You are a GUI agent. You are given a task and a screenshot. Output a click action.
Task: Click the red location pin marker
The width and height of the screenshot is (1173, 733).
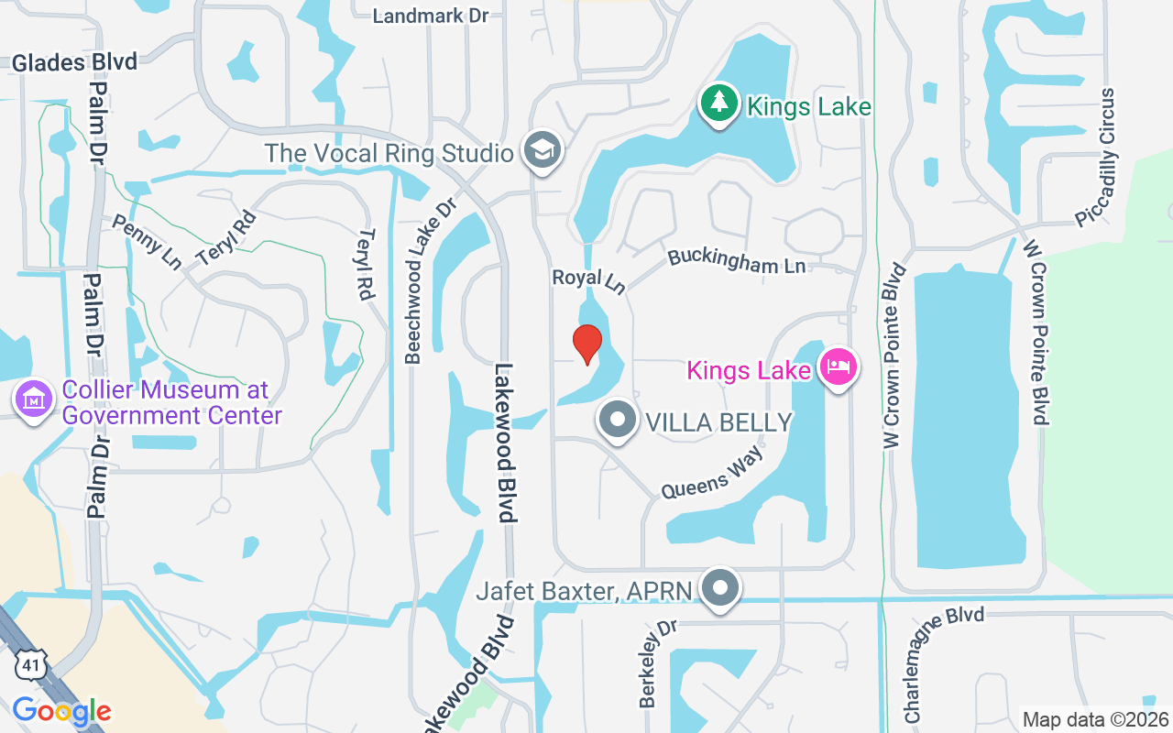tap(586, 344)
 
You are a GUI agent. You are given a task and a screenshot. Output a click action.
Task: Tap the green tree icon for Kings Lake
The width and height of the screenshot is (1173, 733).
tap(720, 104)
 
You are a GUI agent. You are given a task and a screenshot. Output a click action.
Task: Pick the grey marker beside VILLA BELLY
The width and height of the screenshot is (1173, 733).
tap(618, 421)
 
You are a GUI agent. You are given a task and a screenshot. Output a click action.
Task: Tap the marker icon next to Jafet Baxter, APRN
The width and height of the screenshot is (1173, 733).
tap(720, 587)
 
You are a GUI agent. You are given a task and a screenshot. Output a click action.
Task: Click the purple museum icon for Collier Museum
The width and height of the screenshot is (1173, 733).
tap(34, 399)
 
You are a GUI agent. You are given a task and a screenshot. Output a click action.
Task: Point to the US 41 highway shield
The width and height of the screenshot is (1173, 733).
tap(27, 665)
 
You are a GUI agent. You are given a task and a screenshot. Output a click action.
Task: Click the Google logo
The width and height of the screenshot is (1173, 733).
tap(61, 711)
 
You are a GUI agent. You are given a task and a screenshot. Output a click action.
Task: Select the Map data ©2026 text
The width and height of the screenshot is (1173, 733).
tap(1094, 719)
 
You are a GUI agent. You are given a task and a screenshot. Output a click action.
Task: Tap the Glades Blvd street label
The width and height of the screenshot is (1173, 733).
tap(74, 62)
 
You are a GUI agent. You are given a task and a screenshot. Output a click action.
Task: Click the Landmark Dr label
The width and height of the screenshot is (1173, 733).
tap(432, 16)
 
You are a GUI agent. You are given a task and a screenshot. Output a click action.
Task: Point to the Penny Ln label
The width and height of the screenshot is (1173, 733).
tap(147, 242)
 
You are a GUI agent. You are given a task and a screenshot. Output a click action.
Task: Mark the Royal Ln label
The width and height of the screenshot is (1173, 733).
tap(588, 280)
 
